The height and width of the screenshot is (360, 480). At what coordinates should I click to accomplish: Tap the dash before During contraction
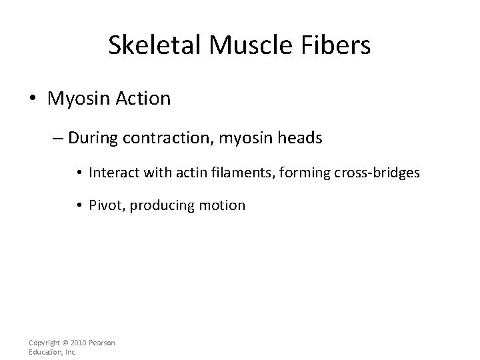pos(56,139)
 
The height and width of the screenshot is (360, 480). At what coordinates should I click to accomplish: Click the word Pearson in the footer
pos(102,343)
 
